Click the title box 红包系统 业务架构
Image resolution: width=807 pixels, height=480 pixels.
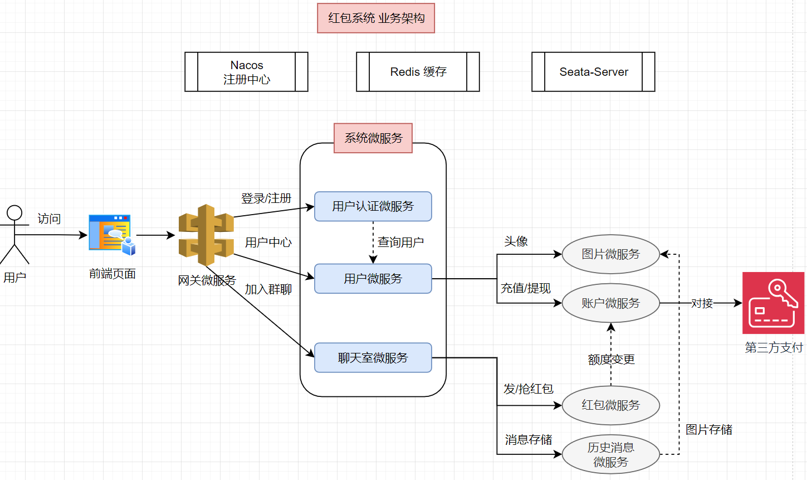(x=376, y=18)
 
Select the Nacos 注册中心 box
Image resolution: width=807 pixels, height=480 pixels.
(x=246, y=72)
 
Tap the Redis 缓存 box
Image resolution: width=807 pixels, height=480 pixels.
(x=418, y=72)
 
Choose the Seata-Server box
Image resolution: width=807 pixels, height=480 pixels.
(x=593, y=72)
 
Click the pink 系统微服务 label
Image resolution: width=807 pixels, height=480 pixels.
(x=373, y=138)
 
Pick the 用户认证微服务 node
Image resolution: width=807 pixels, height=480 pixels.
(x=373, y=206)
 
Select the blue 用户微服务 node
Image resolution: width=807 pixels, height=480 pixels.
(x=373, y=279)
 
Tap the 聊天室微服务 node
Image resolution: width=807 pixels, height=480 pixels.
(x=373, y=358)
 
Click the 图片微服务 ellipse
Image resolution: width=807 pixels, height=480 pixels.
(x=611, y=254)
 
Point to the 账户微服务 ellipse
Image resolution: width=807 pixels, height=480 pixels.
(x=611, y=303)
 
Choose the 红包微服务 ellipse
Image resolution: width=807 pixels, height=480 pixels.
(x=611, y=405)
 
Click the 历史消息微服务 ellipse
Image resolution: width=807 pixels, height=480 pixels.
(x=611, y=454)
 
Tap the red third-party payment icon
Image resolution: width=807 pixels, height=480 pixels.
(x=773, y=303)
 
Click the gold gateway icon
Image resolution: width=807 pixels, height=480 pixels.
(x=206, y=235)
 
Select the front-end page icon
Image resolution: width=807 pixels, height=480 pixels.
(x=112, y=235)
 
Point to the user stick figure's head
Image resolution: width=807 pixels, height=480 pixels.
(x=14, y=213)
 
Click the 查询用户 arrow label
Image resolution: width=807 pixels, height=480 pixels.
(x=400, y=243)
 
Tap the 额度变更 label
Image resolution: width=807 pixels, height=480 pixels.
(x=611, y=360)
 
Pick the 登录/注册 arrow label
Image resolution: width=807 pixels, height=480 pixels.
(x=266, y=198)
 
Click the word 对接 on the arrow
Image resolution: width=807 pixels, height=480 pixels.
(x=702, y=303)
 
